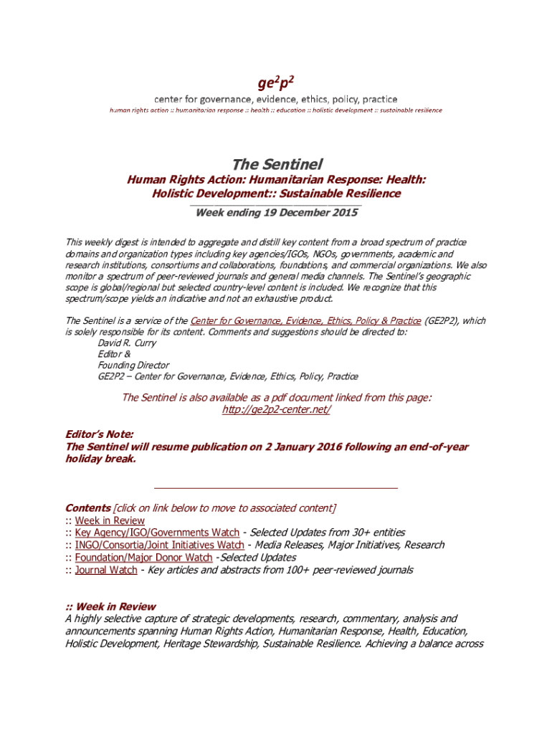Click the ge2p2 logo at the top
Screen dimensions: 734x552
276,80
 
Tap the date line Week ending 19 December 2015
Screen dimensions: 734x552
276,213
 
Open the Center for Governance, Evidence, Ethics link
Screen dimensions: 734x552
305,321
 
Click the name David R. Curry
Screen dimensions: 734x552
127,343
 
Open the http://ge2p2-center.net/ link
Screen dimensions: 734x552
277,410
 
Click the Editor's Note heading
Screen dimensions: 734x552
99,434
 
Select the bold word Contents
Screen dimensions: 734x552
87,508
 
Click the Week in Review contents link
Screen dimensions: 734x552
110,520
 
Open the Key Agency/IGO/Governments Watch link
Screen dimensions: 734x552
157,533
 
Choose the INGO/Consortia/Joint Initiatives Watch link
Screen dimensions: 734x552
159,545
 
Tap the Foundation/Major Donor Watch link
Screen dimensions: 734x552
143,557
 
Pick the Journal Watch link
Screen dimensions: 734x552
106,570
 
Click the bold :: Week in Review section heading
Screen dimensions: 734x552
110,606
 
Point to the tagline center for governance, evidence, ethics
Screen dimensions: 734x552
276,99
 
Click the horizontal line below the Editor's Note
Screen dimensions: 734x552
276,487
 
